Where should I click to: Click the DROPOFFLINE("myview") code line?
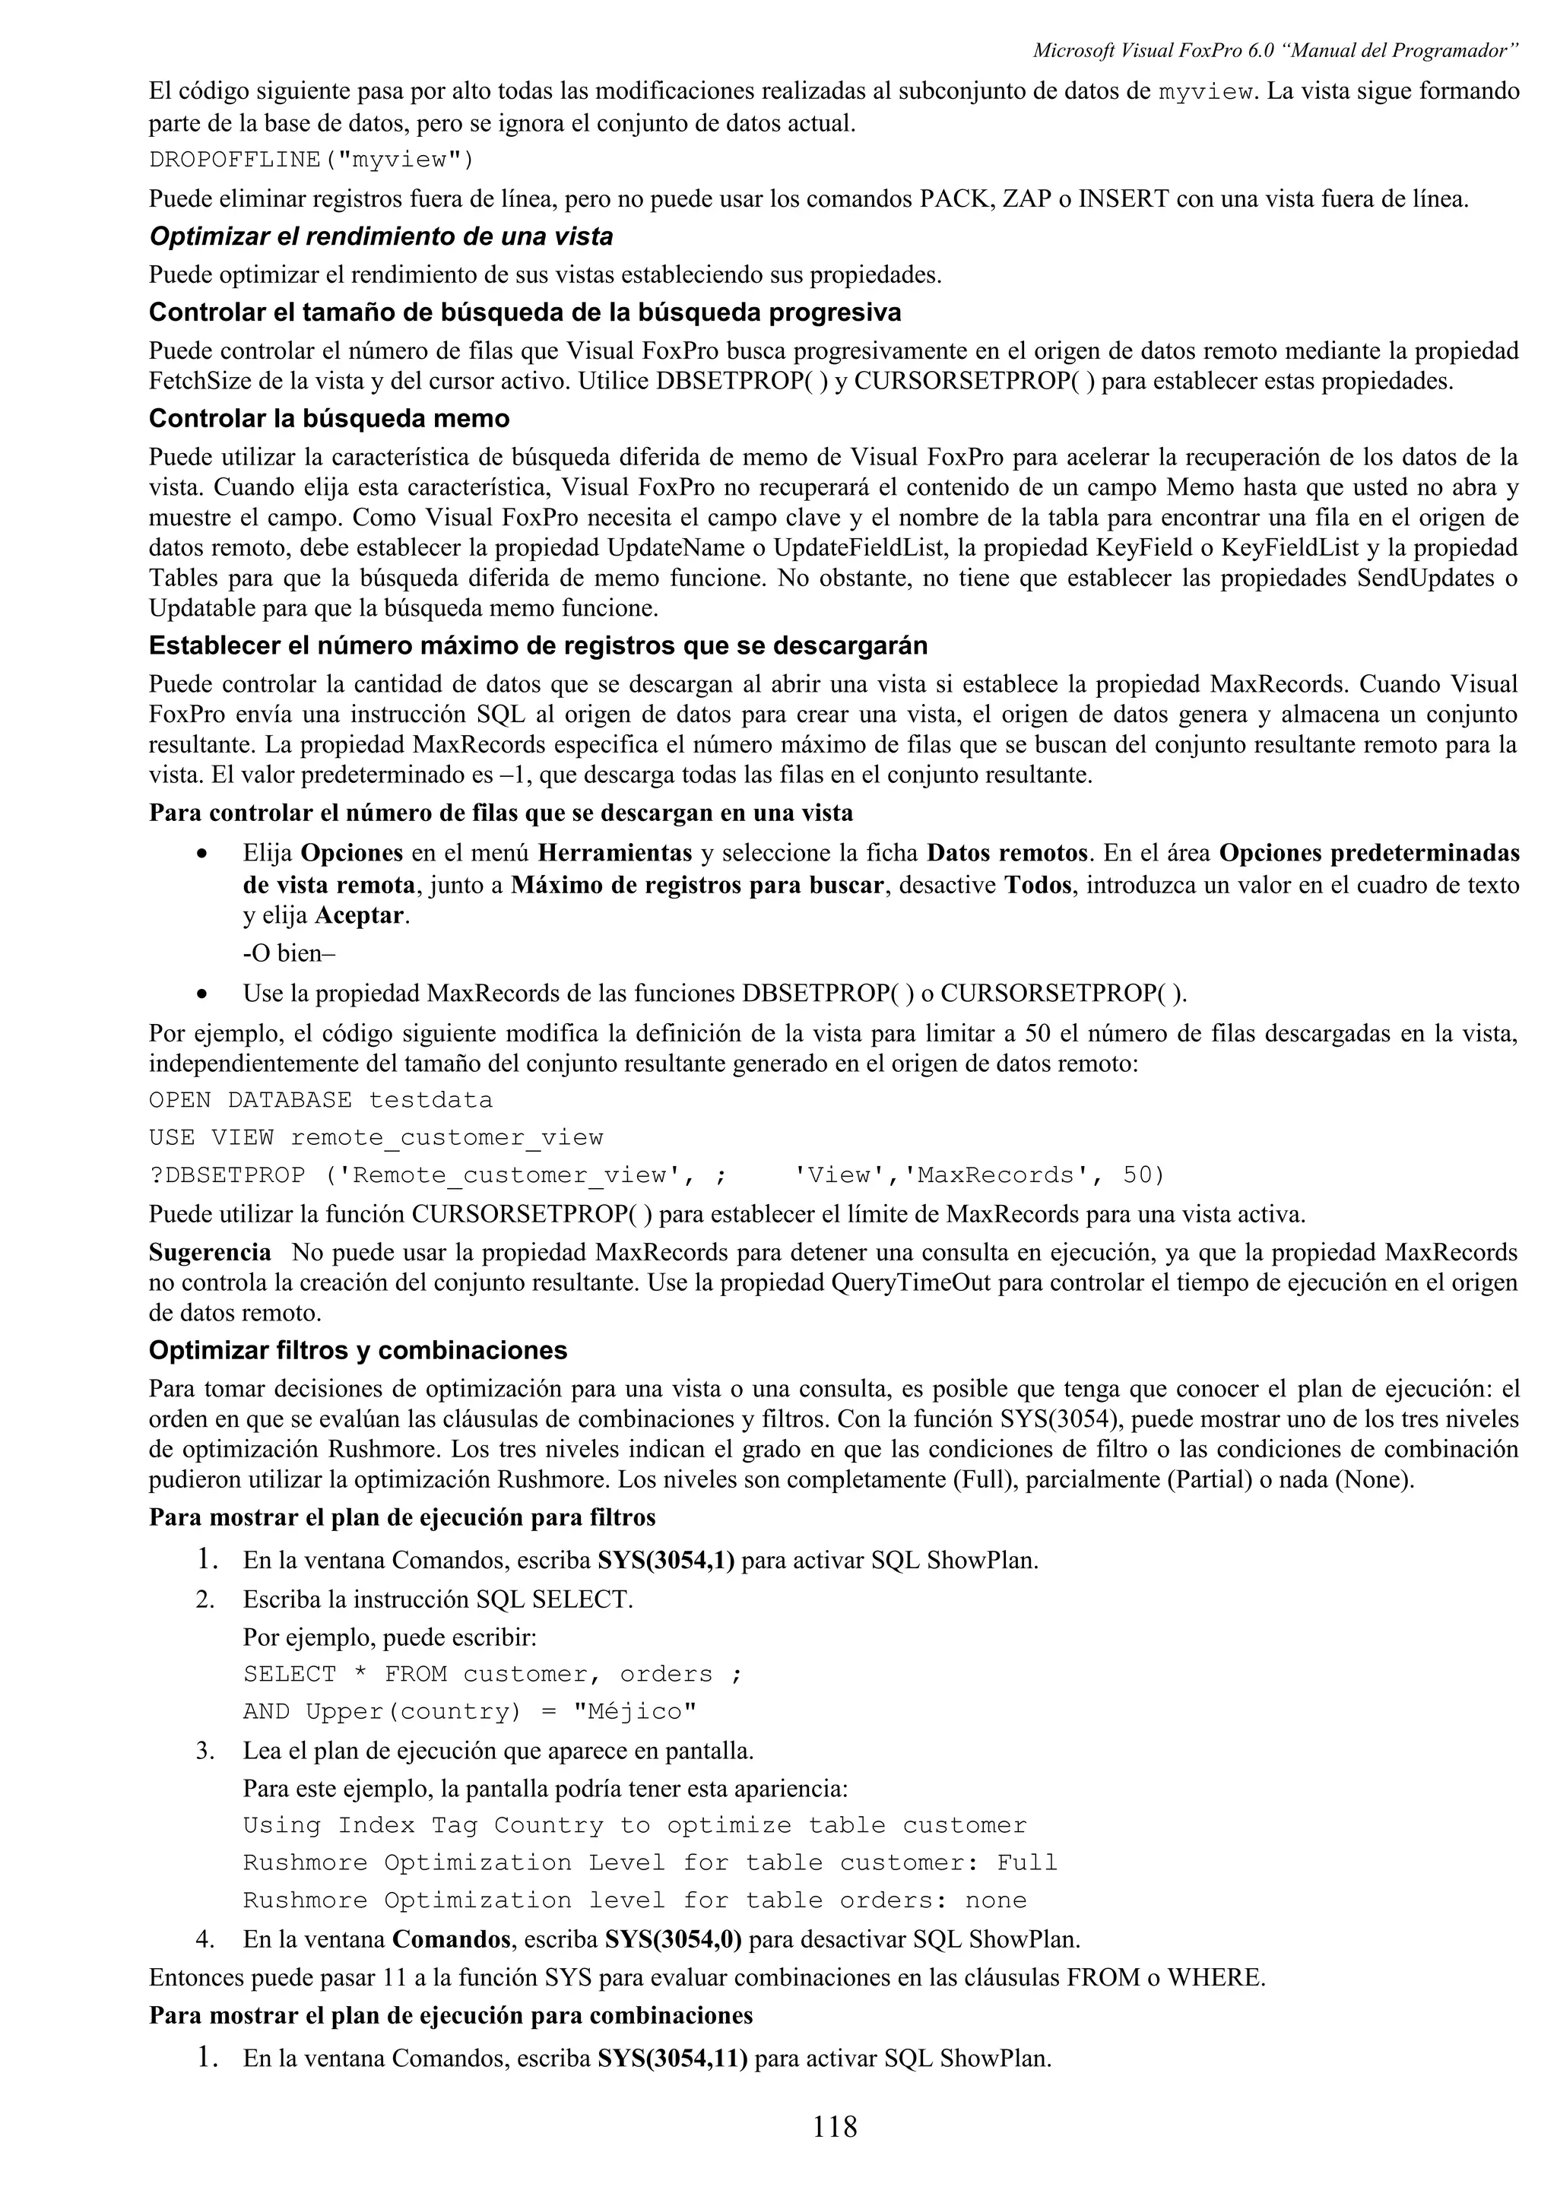click(x=312, y=160)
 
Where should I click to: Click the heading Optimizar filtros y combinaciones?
click(x=358, y=1350)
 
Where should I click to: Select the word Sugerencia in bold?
click(x=210, y=1252)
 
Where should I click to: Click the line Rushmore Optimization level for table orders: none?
click(x=634, y=1899)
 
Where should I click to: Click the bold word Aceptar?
click(x=360, y=915)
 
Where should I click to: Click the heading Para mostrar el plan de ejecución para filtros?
click(x=402, y=1517)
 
